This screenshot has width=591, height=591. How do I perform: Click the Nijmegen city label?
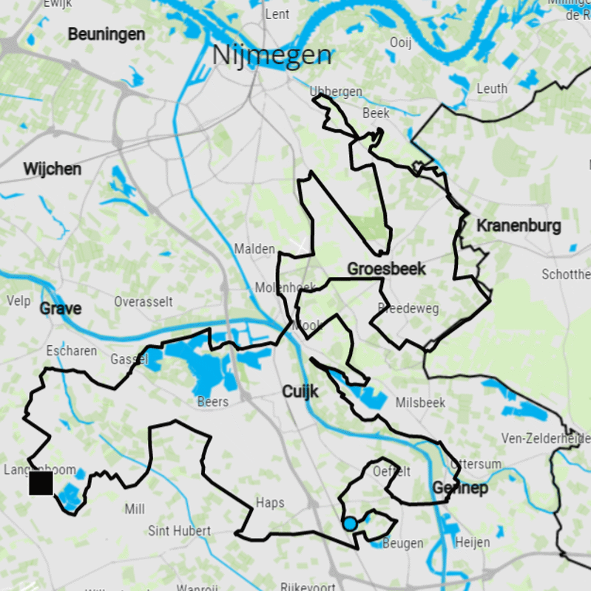pos(271,55)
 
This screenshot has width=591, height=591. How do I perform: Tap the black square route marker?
pos(41,484)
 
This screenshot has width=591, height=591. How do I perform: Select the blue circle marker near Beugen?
pos(350,524)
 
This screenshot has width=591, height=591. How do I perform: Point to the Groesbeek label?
pos(386,269)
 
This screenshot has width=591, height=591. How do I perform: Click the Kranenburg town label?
pos(519,225)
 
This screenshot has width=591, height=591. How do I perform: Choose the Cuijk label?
pos(300,392)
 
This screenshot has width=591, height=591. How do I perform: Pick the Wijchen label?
pos(52,169)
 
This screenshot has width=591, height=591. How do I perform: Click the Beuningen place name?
pos(107,34)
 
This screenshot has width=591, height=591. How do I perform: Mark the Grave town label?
pos(61,308)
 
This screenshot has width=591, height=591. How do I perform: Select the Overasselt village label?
pos(143,301)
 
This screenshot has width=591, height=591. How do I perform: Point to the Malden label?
pos(254,249)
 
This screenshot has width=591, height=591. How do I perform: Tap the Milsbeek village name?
pos(421,403)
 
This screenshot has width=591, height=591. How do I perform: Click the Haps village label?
pos(269,503)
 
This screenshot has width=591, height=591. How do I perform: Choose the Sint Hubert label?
pos(180,530)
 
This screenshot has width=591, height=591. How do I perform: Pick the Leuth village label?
pos(492,89)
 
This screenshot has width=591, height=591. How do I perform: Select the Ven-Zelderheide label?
pos(546,438)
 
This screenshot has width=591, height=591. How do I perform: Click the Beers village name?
pos(213,402)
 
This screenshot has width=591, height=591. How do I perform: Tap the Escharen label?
pos(71,350)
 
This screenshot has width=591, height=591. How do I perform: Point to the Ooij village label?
pos(400,43)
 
